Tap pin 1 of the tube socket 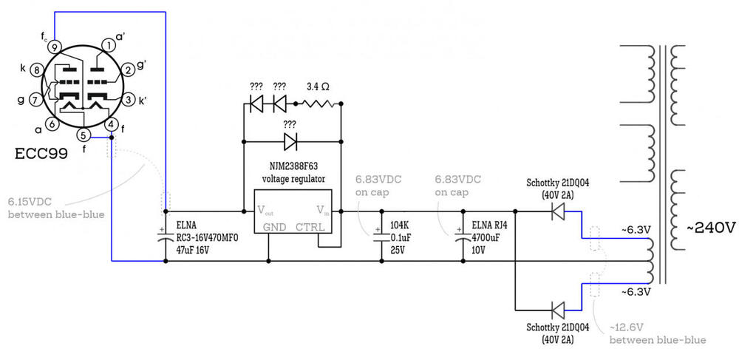(x=108, y=46)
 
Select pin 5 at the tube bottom (x=84, y=135)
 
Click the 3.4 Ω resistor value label (x=317, y=86)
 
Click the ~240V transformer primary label (x=710, y=228)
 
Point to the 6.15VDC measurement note (x=30, y=200)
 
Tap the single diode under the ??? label (x=290, y=140)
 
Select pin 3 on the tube (x=128, y=99)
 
